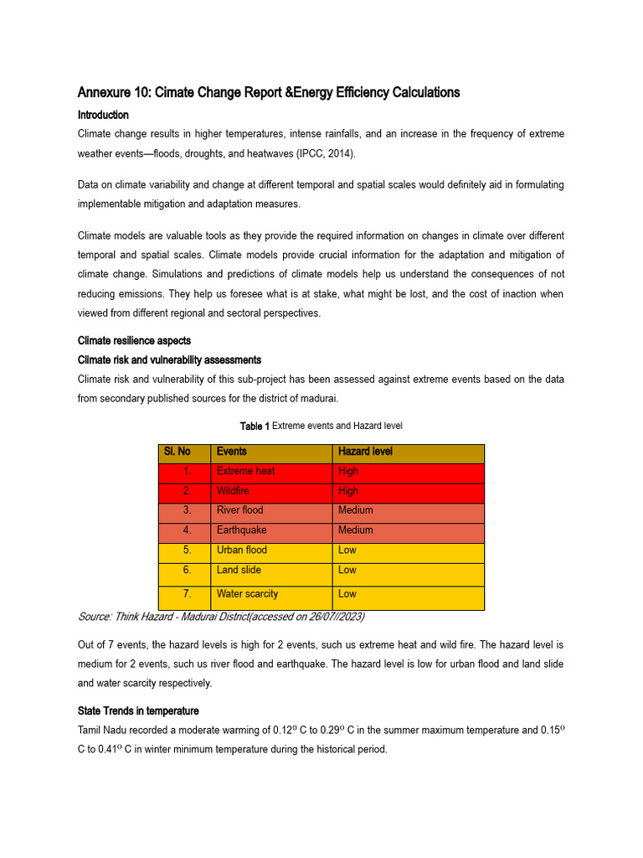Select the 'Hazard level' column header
365,452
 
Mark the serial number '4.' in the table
188,530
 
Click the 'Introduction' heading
103,115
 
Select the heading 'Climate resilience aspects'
134,341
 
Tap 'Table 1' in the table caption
255,426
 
